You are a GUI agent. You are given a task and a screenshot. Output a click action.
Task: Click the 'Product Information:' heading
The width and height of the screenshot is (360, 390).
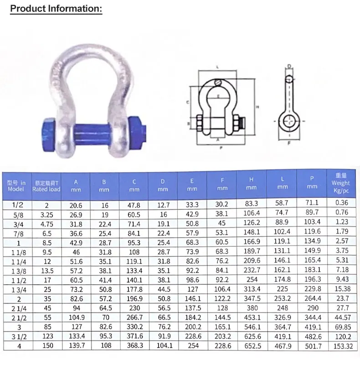pyautogui.click(x=56, y=8)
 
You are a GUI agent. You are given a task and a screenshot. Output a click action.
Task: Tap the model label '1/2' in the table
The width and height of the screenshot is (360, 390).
pyautogui.click(x=16, y=205)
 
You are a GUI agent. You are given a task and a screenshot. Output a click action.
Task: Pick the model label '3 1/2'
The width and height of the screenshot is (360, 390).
pyautogui.click(x=16, y=337)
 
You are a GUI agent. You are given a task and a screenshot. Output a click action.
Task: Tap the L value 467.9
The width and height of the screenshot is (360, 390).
pyautogui.click(x=283, y=346)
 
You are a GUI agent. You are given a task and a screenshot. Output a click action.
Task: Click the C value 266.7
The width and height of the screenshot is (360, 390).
pyautogui.click(x=134, y=318)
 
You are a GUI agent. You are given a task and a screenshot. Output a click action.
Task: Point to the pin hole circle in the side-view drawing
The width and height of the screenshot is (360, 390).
pyautogui.click(x=289, y=122)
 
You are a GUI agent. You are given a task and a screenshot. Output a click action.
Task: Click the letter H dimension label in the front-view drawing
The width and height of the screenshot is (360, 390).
pyautogui.click(x=257, y=107)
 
